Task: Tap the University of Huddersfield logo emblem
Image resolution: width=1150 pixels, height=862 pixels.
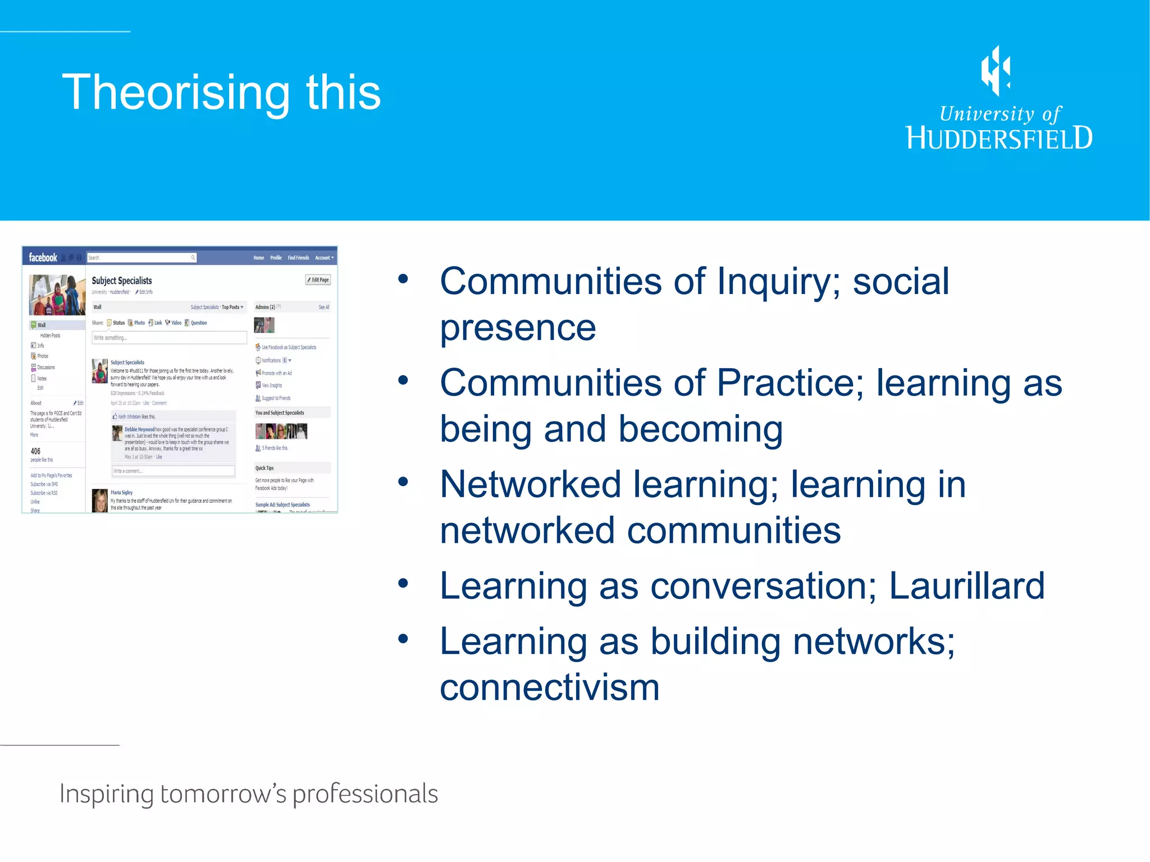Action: (x=996, y=71)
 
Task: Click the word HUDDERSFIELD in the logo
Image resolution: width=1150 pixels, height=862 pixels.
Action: (x=1000, y=138)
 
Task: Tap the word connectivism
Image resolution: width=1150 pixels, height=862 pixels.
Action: (x=549, y=687)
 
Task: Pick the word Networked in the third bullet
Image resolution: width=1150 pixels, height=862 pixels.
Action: (x=530, y=484)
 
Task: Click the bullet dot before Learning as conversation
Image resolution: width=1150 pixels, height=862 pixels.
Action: (x=403, y=583)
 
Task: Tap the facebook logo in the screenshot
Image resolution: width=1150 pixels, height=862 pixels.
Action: (x=43, y=258)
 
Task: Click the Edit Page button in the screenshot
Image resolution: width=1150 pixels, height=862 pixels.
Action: (x=318, y=279)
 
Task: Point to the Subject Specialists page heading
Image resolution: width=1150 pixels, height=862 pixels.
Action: (x=122, y=281)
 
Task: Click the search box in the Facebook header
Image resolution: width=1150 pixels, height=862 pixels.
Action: (x=140, y=258)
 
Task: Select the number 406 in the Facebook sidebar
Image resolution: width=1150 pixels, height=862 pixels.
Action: (x=35, y=451)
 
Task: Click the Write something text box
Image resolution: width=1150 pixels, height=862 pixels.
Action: (x=169, y=338)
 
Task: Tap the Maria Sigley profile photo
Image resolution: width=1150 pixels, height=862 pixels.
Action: (x=99, y=500)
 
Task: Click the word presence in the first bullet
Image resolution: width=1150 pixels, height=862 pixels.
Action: (x=518, y=328)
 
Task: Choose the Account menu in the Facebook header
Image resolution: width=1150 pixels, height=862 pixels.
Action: (x=324, y=258)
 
